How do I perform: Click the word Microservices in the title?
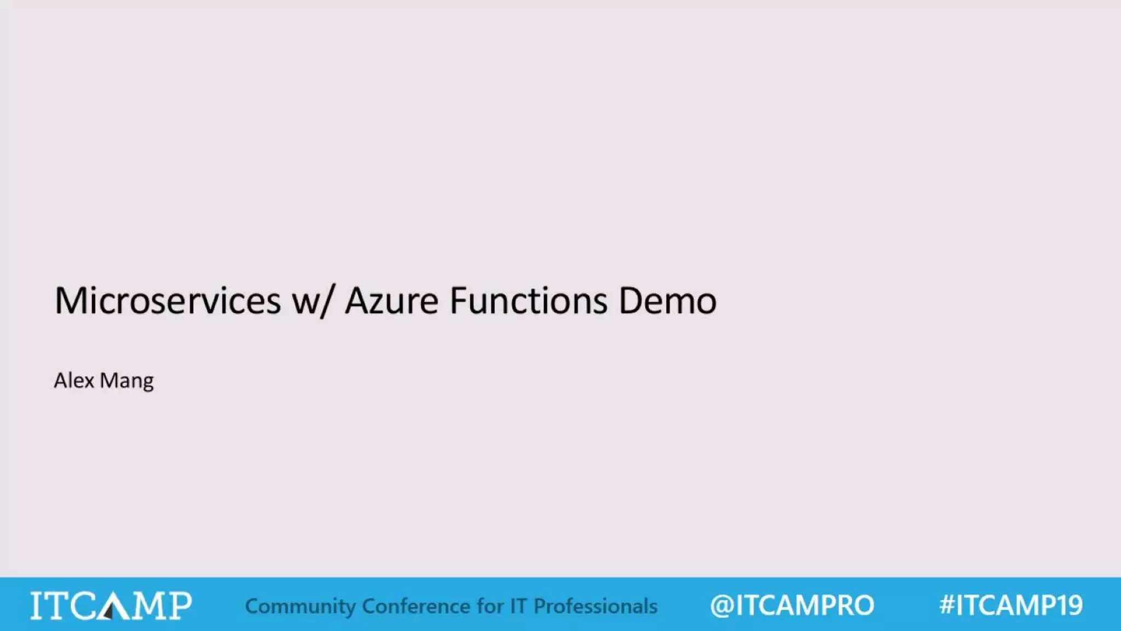pos(167,301)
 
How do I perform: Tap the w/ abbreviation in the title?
pos(312,301)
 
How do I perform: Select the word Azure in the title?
pos(392,301)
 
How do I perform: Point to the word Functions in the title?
pos(528,301)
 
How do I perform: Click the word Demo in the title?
pos(667,301)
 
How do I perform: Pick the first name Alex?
pos(74,380)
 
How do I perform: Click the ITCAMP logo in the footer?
pos(111,605)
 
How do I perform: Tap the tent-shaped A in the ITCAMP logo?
pos(111,606)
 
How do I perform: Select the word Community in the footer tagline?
pos(300,606)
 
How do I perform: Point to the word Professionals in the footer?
pos(596,606)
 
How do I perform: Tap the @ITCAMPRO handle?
pos(792,605)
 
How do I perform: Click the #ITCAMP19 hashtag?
pos(1011,605)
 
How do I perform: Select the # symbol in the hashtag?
pos(947,605)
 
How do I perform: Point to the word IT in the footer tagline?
pos(518,606)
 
